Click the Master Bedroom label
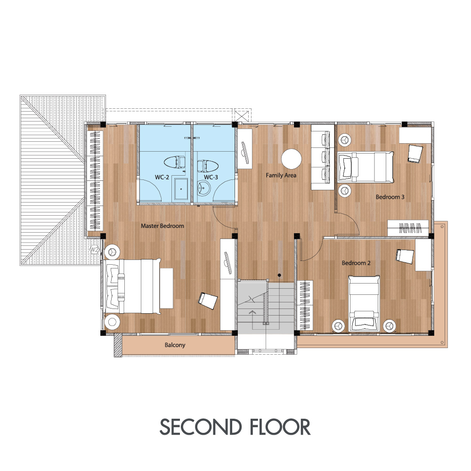162,226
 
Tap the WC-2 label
162,177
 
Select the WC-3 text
211,177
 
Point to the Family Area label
281,175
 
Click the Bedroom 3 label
390,197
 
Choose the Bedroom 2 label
356,263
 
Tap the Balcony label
175,345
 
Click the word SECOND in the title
201,427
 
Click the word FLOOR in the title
280,427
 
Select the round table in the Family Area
291,159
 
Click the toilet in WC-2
175,162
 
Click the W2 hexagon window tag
95,250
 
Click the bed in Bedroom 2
364,303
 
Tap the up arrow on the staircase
252,312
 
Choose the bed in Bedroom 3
365,167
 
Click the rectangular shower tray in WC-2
181,189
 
